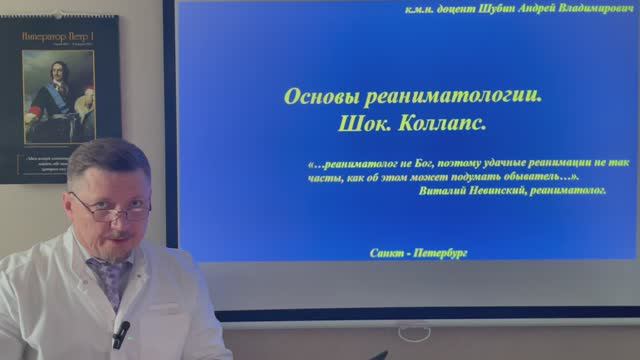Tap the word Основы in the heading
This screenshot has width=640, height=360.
(x=322, y=97)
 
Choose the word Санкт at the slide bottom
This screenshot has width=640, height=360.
(x=388, y=254)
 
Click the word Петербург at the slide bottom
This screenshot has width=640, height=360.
(x=442, y=254)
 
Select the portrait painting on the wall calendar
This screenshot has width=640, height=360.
(x=57, y=97)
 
